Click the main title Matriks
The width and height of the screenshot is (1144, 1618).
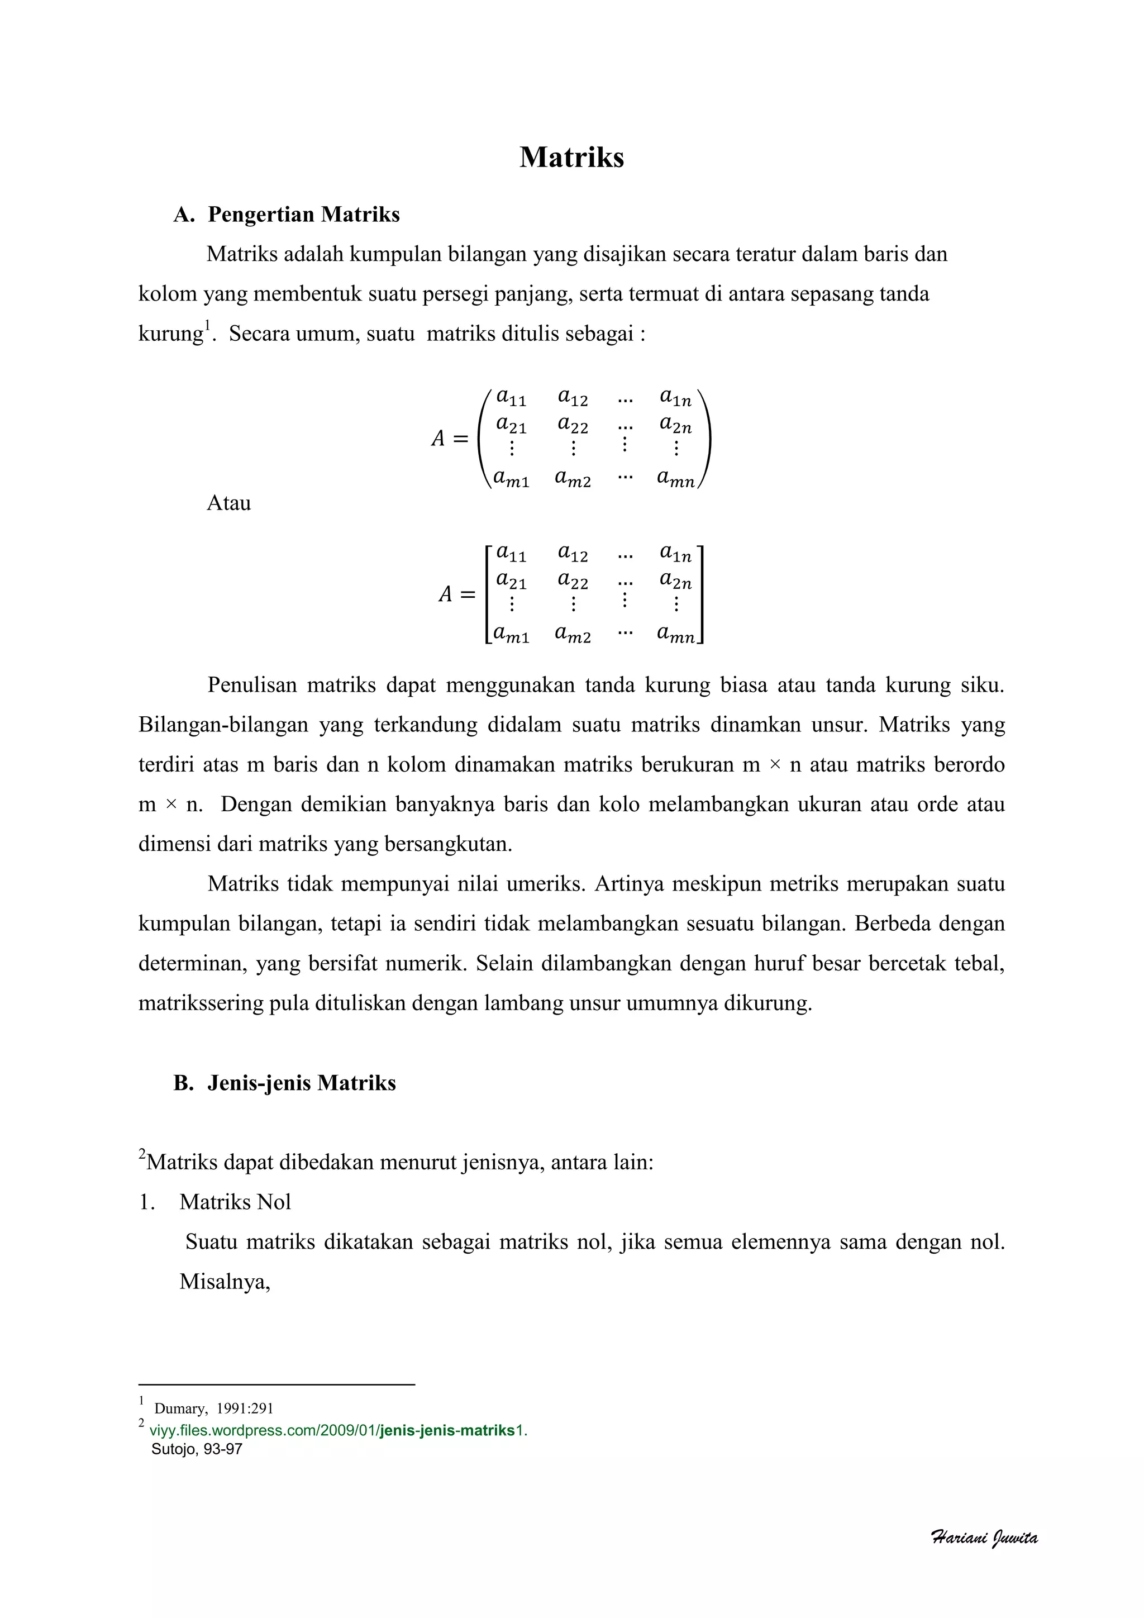tap(571, 156)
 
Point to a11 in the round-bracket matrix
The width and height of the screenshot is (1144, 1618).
tap(511, 398)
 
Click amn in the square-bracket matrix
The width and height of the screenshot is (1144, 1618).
tap(675, 634)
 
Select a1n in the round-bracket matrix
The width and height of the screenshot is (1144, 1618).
tap(675, 398)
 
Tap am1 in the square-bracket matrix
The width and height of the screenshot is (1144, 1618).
tap(511, 634)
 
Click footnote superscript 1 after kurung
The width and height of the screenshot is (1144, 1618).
tap(208, 325)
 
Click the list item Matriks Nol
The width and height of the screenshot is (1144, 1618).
tap(235, 1202)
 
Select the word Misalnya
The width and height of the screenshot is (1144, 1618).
tap(225, 1281)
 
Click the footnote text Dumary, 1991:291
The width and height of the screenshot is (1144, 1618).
tap(213, 1408)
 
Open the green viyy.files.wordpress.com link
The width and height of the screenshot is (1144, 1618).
tap(338, 1430)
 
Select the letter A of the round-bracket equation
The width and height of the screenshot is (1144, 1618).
tap(438, 439)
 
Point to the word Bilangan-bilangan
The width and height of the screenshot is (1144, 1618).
tap(223, 725)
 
